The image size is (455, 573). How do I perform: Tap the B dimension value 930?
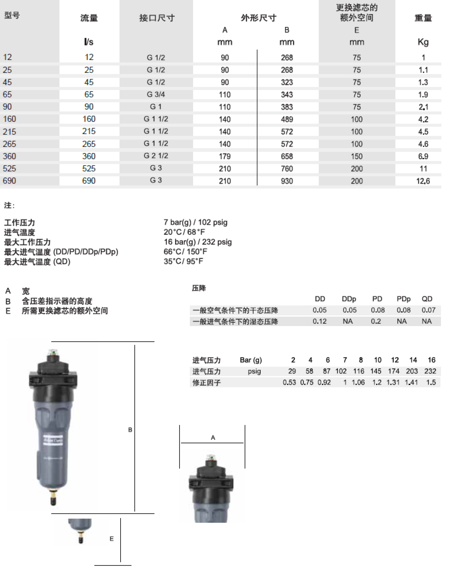click(x=287, y=181)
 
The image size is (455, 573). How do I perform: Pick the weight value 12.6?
click(x=423, y=181)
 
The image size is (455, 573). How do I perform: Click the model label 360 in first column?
click(x=9, y=156)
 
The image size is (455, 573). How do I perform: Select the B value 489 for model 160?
click(x=287, y=119)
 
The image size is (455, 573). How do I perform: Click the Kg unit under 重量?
click(x=423, y=42)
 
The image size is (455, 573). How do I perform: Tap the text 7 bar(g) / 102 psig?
click(x=195, y=222)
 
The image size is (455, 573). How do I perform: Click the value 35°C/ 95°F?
click(x=183, y=261)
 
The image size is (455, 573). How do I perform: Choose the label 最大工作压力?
click(x=27, y=242)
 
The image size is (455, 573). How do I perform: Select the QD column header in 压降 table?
click(x=426, y=299)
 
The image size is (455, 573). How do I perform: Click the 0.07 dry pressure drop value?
click(x=428, y=310)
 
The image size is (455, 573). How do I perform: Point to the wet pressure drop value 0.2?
click(x=375, y=321)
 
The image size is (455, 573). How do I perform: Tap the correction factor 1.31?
click(x=393, y=382)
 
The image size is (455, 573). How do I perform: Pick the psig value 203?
click(x=411, y=371)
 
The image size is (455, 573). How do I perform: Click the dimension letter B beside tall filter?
click(x=130, y=430)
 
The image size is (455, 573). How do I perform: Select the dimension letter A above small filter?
click(x=213, y=438)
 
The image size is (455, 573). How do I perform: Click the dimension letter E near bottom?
click(x=112, y=539)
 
